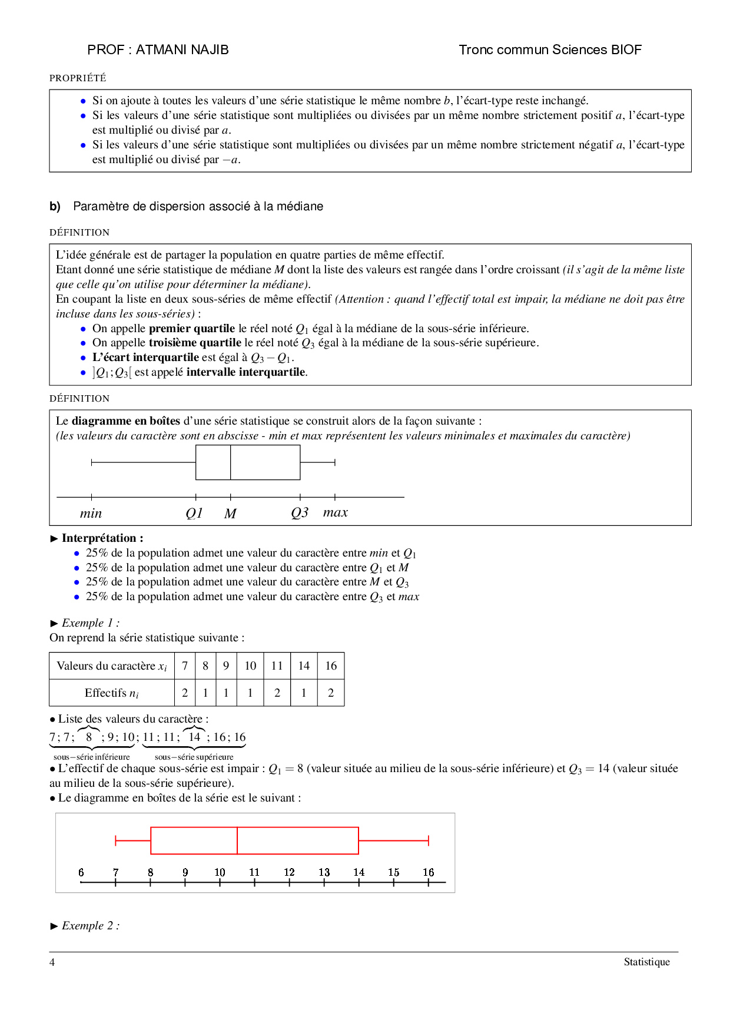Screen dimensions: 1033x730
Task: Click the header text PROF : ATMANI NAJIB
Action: [158, 50]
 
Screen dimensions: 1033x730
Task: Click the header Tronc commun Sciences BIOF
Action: [550, 50]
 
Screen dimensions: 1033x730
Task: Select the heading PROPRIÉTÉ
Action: [78, 78]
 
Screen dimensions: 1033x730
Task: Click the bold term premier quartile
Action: [191, 329]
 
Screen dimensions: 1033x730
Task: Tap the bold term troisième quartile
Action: [195, 343]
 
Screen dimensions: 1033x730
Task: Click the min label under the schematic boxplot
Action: [91, 514]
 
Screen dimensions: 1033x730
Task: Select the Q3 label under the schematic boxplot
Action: [300, 513]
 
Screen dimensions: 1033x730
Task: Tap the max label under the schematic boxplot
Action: [336, 513]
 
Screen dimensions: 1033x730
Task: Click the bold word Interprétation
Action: [99, 538]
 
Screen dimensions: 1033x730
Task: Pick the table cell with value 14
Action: [304, 666]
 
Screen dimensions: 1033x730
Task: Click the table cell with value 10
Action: [250, 666]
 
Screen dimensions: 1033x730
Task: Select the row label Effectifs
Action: [112, 693]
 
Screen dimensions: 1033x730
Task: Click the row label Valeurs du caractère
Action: [112, 666]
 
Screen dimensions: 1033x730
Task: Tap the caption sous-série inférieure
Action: [92, 757]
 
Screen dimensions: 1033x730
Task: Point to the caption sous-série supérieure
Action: [194, 757]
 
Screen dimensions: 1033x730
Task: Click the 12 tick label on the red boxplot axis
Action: [289, 872]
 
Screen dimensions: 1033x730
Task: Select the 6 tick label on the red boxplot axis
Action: [81, 872]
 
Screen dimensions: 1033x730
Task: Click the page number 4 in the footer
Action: [52, 962]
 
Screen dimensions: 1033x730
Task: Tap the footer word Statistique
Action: [646, 962]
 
